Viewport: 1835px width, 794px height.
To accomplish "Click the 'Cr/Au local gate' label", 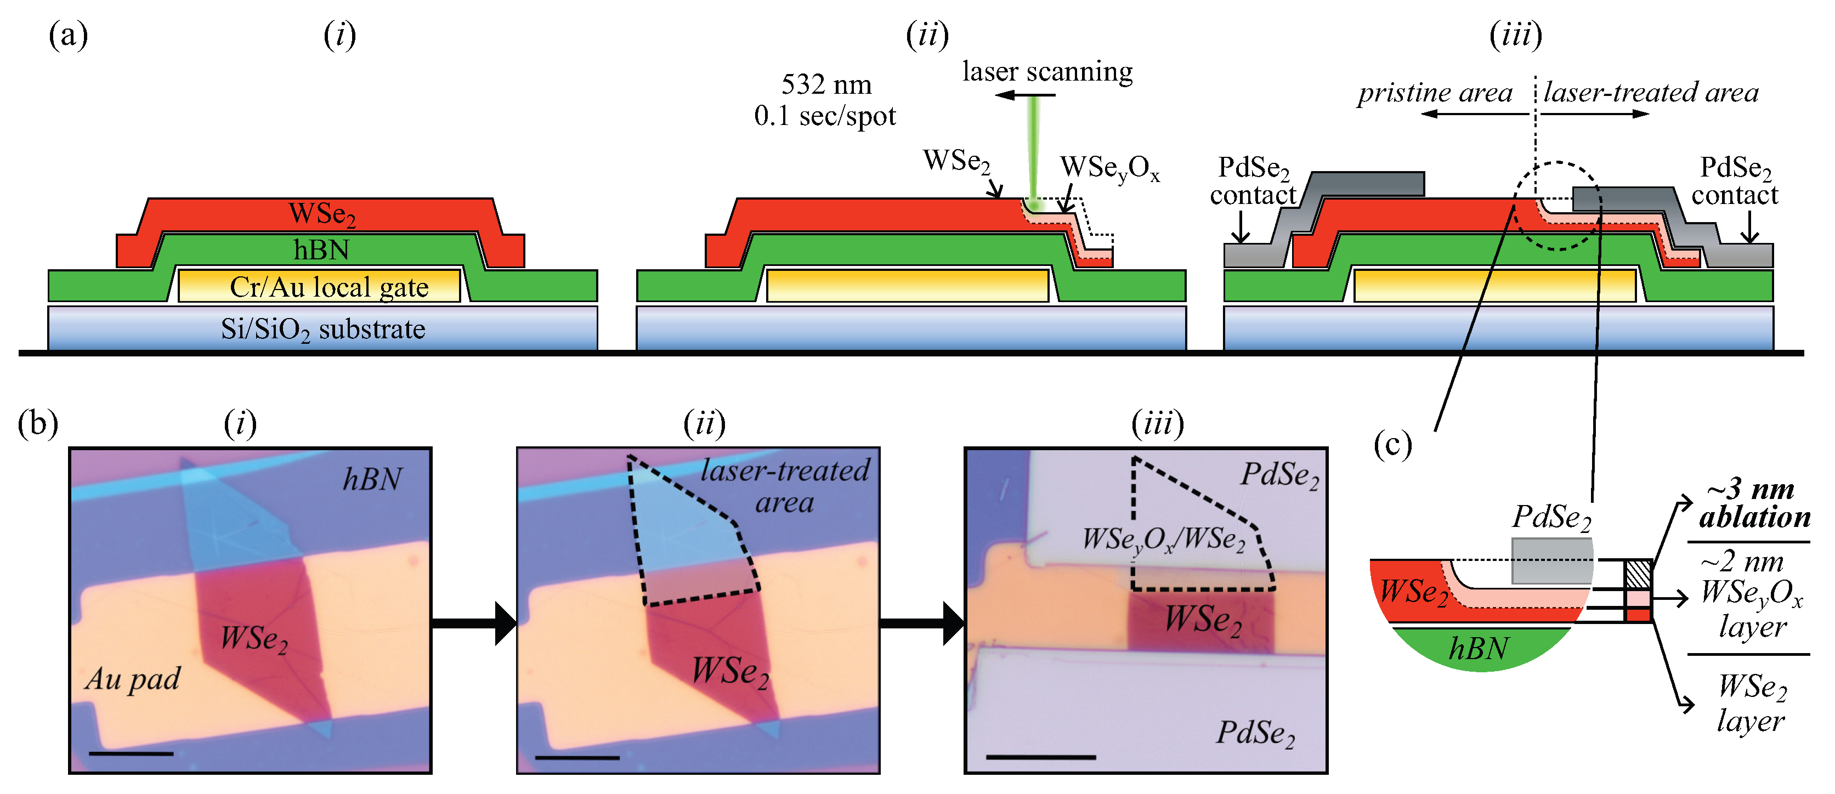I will click(x=329, y=287).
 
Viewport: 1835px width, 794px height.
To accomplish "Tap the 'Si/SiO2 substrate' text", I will click(x=322, y=329).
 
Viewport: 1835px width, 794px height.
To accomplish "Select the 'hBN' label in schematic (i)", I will click(x=321, y=250).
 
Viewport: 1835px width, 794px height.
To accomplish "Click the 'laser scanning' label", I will click(x=1046, y=71).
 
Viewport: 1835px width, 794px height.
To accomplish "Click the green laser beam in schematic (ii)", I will click(x=1033, y=150).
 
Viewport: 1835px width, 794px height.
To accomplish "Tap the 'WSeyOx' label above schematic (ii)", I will click(x=1109, y=168).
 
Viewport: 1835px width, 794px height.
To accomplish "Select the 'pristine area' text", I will click(x=1434, y=93).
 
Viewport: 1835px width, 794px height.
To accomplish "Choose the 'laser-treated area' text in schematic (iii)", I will click(x=1651, y=93).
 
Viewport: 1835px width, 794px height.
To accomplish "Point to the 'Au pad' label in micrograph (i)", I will click(x=133, y=679).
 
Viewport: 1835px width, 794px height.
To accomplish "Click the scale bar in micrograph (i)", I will click(x=131, y=753).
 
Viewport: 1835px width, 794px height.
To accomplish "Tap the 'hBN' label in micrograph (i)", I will click(x=372, y=479).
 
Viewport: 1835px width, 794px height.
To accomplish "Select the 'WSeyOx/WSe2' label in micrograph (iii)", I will click(x=1163, y=539).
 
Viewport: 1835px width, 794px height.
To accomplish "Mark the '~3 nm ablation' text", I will click(x=1754, y=503).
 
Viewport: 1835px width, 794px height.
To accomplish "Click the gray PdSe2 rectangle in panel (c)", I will click(x=1551, y=560).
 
